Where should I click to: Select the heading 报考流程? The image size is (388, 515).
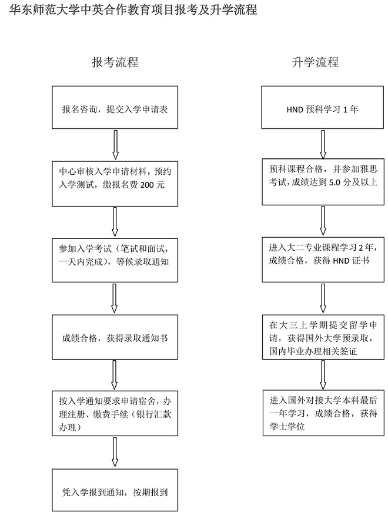(x=115, y=62)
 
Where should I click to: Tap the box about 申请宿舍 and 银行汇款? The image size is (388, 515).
(x=115, y=414)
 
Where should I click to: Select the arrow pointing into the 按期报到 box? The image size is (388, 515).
(x=115, y=453)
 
